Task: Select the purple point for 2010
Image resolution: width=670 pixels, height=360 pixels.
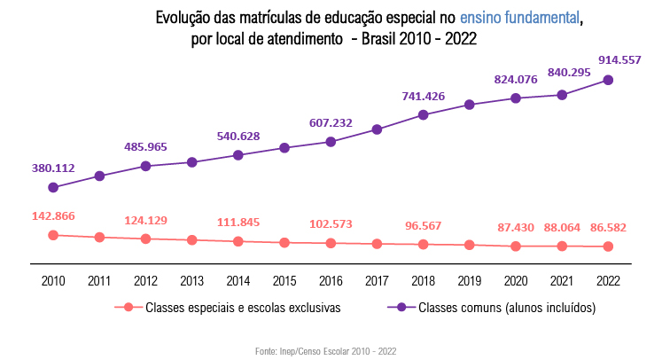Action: point(53,187)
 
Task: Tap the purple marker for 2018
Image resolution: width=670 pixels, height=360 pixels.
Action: point(424,114)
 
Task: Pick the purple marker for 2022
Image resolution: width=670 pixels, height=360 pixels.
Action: point(608,80)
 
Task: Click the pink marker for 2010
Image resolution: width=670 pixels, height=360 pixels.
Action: point(53,235)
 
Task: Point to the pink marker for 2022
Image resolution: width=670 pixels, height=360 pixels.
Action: point(608,247)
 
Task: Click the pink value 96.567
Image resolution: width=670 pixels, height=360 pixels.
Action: point(423,225)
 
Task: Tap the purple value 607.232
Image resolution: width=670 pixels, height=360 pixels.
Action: point(331,123)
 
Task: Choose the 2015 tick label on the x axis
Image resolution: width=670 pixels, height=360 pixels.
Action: point(284,281)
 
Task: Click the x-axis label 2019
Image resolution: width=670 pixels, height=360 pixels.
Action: point(470,281)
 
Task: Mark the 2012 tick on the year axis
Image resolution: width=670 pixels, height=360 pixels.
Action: point(145,281)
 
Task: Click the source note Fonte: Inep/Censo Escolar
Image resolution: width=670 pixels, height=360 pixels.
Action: point(325,351)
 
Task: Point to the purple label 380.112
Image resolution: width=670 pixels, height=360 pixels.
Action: point(53,167)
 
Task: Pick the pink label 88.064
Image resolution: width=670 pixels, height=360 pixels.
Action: point(561,227)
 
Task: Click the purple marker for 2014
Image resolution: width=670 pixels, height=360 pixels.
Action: point(238,155)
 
